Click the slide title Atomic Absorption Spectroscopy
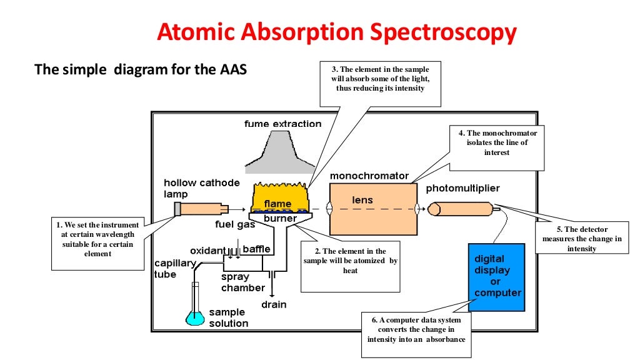[337, 32]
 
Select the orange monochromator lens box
[372, 209]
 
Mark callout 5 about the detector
[582, 238]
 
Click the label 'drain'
[274, 304]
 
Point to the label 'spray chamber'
[242, 282]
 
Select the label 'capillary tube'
[175, 269]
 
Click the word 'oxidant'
[208, 249]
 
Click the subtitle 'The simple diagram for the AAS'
[141, 69]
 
